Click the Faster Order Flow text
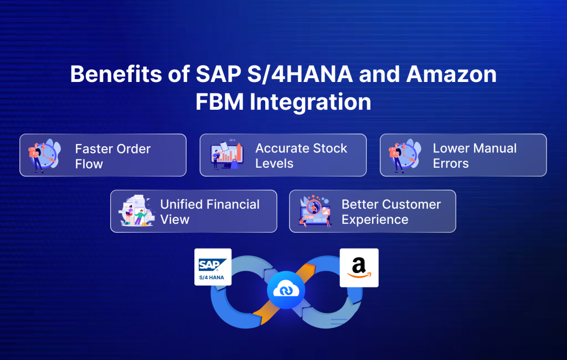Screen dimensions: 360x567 coord(112,156)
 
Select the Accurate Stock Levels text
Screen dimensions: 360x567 coord(301,156)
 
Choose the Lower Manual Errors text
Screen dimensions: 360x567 coord(474,156)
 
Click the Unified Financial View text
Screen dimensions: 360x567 coord(209,212)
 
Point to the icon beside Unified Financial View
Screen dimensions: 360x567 coord(135,212)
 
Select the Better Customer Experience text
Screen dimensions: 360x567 coord(390,212)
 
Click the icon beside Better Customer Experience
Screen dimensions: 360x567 coord(315,212)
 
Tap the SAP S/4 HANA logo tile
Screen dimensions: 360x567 coord(213,267)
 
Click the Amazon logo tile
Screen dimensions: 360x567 coord(359,268)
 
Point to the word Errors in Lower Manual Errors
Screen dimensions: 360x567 coord(451,163)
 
